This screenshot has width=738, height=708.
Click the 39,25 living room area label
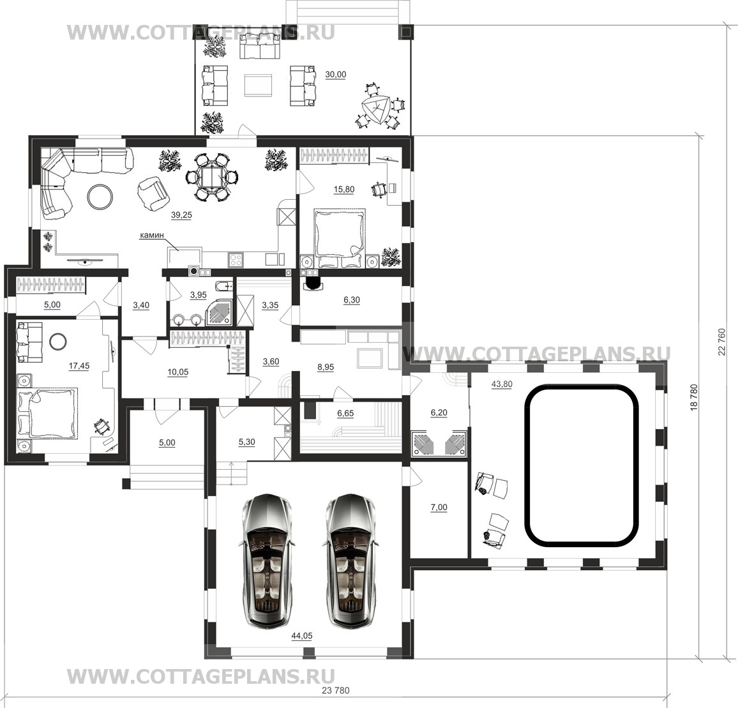click(181, 215)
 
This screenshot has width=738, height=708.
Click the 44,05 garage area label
click(302, 636)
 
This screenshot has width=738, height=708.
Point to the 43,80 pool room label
click(502, 384)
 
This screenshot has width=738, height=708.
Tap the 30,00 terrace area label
click(335, 75)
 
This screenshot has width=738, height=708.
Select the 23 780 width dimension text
click(335, 691)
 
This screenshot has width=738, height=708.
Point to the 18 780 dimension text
click(694, 398)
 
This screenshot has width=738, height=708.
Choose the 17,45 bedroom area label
click(79, 366)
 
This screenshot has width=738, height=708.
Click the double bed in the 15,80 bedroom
click(340, 238)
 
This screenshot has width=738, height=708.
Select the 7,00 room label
click(439, 508)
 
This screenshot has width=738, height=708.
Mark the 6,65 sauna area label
click(345, 413)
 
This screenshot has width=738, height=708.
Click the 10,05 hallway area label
click(178, 372)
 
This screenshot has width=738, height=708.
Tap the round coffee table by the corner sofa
click(100, 196)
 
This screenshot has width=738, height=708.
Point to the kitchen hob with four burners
click(236, 259)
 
